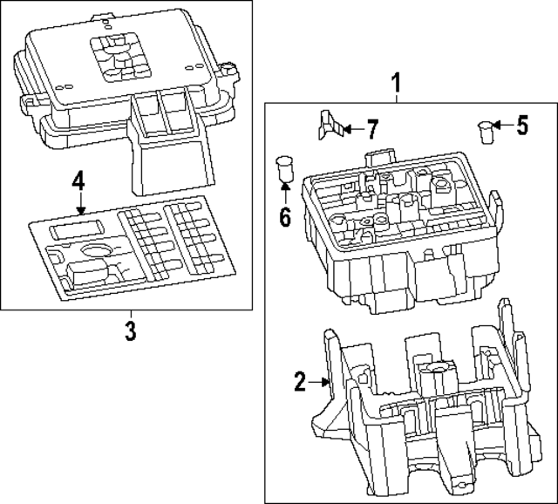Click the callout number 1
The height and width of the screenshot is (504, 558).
pyautogui.click(x=396, y=84)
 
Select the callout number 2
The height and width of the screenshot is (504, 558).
pyautogui.click(x=300, y=381)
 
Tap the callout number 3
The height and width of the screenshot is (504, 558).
pyautogui.click(x=130, y=331)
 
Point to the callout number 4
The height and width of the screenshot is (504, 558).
pyautogui.click(x=78, y=182)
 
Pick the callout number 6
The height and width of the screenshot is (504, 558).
pyautogui.click(x=284, y=215)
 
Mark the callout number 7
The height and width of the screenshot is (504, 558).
pyautogui.click(x=371, y=131)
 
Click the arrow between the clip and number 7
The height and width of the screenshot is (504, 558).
pyautogui.click(x=349, y=131)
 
